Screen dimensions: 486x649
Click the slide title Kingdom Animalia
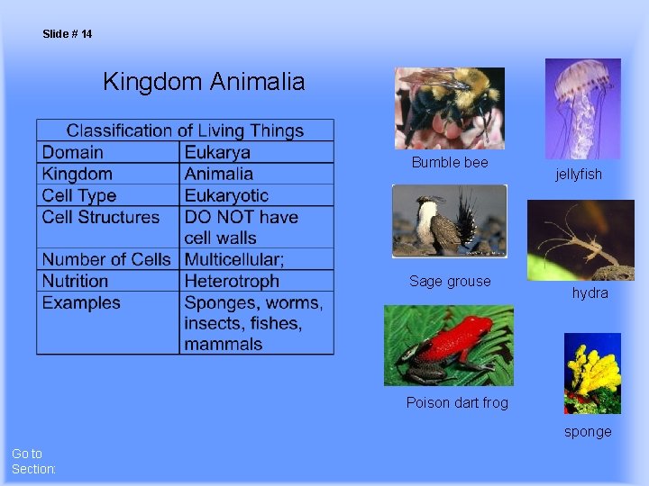[204, 82]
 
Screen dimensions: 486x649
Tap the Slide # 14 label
[67, 34]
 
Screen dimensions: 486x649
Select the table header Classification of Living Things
[185, 130]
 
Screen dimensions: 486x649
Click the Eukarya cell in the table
[217, 152]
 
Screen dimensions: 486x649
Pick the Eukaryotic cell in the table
[226, 195]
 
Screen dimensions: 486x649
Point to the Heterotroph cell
[232, 281]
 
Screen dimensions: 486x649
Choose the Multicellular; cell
[234, 259]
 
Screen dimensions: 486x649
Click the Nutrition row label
[75, 281]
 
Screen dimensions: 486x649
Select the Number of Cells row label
[106, 259]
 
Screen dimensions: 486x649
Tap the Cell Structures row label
[100, 217]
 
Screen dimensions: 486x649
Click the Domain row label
[73, 152]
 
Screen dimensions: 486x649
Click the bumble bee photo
[450, 108]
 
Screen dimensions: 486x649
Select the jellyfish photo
[582, 108]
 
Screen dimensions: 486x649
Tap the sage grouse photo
[449, 220]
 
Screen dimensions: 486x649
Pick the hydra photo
[581, 239]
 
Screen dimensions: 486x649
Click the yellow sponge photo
[592, 373]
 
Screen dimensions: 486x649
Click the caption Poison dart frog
[457, 402]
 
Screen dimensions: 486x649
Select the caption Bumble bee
[450, 162]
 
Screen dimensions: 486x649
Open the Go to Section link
[33, 461]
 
